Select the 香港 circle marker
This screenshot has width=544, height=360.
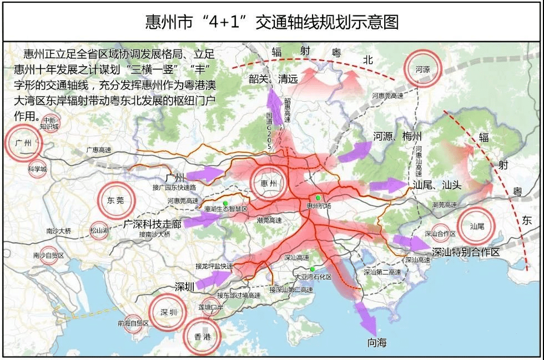click(202, 336)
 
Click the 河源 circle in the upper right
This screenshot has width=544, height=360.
click(422, 69)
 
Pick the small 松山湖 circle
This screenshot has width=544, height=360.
click(99, 230)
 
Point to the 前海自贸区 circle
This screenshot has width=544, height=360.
click(133, 323)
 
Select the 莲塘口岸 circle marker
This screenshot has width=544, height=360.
click(211, 307)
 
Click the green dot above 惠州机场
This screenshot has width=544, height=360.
click(318, 198)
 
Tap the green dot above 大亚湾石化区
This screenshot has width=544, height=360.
click(313, 269)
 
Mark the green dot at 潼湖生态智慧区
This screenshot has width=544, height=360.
click(226, 202)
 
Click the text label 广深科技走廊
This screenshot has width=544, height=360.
click(153, 224)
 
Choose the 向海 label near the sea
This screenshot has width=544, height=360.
click(377, 343)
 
